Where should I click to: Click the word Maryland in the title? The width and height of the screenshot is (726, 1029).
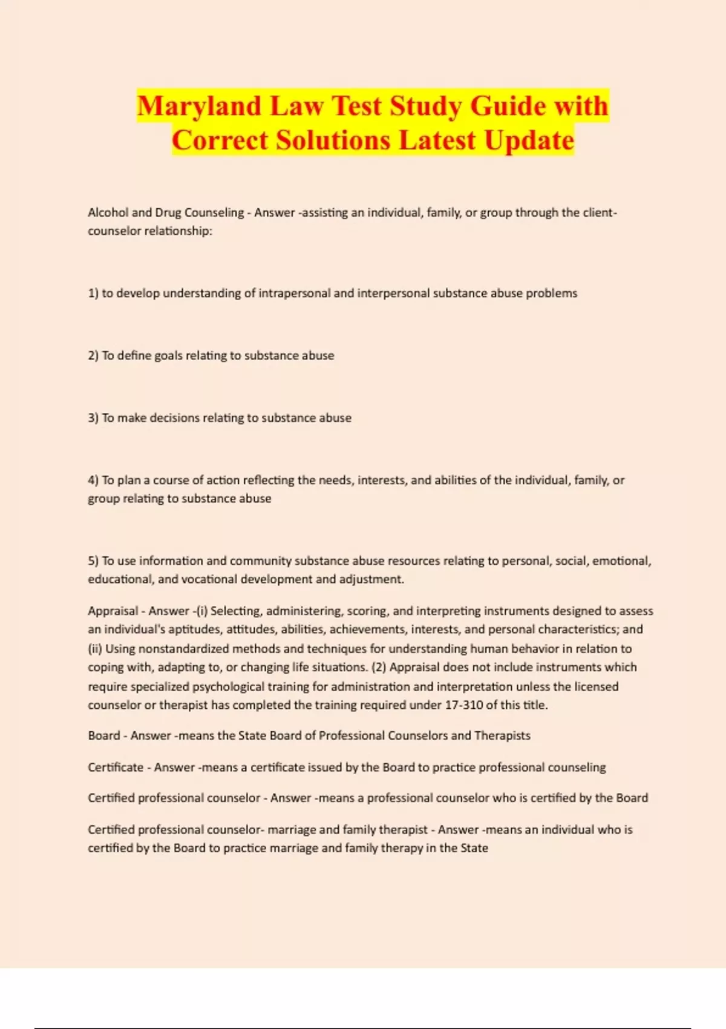pos(198,107)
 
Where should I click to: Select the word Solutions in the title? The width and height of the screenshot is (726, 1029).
pos(333,140)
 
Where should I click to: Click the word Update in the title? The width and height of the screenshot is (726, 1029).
pos(529,140)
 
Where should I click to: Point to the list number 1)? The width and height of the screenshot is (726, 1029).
pos(93,294)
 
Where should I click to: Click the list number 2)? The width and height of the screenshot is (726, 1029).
pos(93,356)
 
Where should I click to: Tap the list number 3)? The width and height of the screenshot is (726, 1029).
pos(93,418)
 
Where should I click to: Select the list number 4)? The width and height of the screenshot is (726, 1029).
pos(93,481)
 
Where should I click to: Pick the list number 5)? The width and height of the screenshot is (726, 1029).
pos(93,561)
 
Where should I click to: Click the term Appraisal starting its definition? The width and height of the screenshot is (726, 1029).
pos(113,611)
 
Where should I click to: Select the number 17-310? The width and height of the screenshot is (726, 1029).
pos(463,705)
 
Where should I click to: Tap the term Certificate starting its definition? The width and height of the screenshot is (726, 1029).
pos(116,768)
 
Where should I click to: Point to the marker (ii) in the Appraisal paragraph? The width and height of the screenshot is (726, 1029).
pos(95,649)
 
